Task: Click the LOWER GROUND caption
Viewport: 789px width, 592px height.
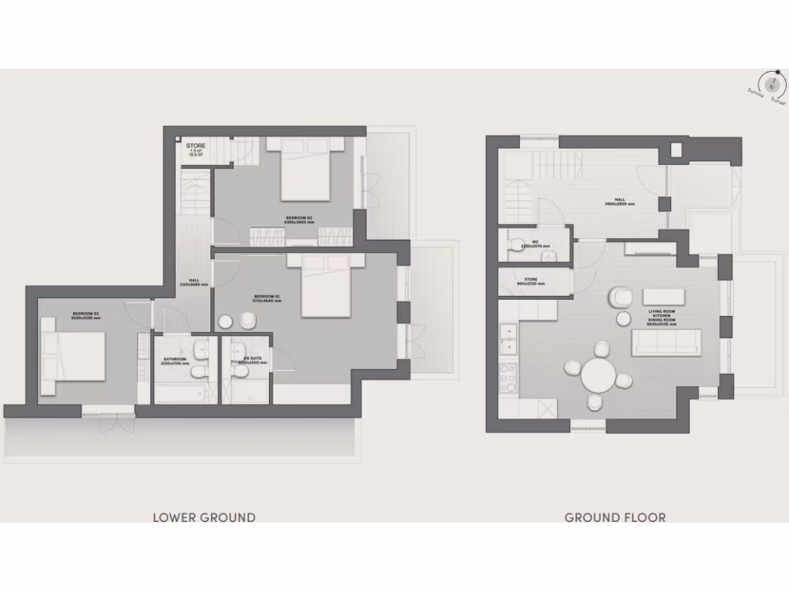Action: (204, 517)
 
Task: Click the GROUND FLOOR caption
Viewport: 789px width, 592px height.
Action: (615, 517)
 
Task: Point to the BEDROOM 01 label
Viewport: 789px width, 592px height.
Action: (267, 298)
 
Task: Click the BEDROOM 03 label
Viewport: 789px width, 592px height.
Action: (86, 315)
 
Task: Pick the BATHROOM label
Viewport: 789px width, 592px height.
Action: (175, 360)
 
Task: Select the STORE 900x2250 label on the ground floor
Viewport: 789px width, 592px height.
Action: (530, 281)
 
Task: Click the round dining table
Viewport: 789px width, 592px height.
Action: (598, 377)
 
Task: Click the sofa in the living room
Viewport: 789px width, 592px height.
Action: (666, 342)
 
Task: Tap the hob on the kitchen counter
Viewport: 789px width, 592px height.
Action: (509, 378)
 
